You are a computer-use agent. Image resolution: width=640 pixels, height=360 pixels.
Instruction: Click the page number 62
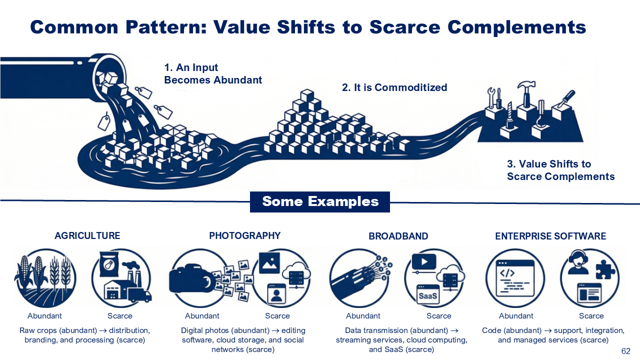[x=625, y=351]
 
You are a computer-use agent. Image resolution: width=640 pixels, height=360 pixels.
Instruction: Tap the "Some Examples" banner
[x=320, y=201]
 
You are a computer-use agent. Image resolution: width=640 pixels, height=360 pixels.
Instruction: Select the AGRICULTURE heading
[x=87, y=235]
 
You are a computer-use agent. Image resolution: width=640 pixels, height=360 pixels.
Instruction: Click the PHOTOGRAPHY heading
[x=245, y=235]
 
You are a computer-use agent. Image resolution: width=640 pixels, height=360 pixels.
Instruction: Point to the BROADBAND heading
[x=398, y=236]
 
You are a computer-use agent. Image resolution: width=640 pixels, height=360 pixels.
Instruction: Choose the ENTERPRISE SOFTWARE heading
[x=550, y=236]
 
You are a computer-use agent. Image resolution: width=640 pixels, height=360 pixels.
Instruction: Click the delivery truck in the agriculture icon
[x=140, y=295]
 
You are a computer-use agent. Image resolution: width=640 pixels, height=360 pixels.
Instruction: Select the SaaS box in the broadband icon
[x=428, y=295]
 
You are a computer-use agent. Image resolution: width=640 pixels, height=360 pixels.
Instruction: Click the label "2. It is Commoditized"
[x=394, y=87]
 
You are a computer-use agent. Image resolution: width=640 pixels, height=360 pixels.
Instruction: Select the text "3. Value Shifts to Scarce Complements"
[x=560, y=170]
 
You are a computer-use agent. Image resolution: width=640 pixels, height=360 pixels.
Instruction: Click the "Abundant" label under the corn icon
[x=45, y=316]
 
